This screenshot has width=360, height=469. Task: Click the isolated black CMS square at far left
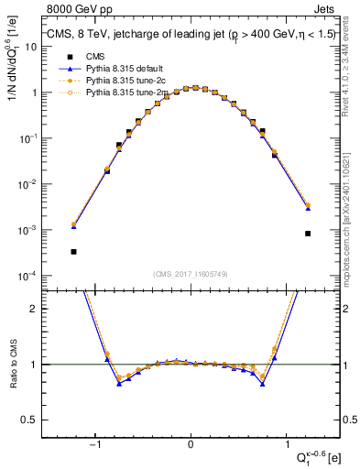click(x=73, y=251)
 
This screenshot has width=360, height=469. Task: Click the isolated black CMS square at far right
click(x=309, y=233)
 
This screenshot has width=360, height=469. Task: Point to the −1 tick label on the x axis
click(x=95, y=444)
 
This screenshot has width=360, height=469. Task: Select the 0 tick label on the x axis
click(x=191, y=444)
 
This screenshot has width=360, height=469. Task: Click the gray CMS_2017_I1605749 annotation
click(x=191, y=272)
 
